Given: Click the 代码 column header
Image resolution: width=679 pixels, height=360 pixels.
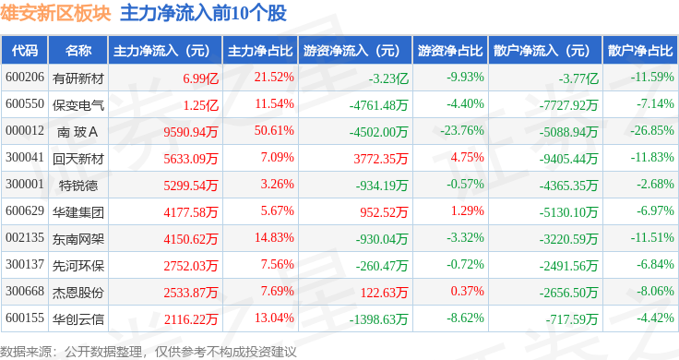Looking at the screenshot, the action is (x=25, y=51).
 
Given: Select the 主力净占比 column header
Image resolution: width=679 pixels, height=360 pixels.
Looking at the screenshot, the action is (x=260, y=51).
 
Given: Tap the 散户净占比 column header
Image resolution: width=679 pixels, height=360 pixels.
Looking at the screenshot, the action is (x=640, y=51).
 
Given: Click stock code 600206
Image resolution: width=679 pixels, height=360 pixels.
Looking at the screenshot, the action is (x=25, y=78).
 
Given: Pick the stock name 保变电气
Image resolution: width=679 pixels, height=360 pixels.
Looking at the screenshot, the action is (x=78, y=105).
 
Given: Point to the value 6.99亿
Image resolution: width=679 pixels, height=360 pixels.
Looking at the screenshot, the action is (x=200, y=78).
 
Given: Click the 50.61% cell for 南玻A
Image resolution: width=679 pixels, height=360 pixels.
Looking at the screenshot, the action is (x=274, y=130).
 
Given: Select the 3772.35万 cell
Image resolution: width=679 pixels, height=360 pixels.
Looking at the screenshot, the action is (x=381, y=159).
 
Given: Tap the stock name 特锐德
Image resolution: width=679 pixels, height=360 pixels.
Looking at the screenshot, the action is (x=78, y=186).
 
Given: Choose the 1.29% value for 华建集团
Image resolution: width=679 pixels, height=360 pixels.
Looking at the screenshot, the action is (x=467, y=210).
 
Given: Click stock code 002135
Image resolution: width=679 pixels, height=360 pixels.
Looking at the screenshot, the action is (x=25, y=237).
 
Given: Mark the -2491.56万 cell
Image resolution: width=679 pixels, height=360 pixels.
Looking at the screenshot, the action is (x=568, y=266).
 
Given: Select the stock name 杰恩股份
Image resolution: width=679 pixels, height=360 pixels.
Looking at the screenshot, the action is (x=78, y=293).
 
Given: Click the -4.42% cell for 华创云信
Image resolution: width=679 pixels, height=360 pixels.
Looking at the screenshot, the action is (x=655, y=318).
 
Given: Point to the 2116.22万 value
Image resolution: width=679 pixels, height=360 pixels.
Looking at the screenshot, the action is (x=191, y=319).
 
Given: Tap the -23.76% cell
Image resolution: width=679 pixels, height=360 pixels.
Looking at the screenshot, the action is (x=462, y=130).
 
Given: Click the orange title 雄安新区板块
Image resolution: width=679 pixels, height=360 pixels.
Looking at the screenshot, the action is (x=56, y=13).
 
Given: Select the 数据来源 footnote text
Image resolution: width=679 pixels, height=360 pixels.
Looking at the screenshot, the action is (x=25, y=352).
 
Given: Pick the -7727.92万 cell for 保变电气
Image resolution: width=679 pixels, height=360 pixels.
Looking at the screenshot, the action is (x=568, y=105).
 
